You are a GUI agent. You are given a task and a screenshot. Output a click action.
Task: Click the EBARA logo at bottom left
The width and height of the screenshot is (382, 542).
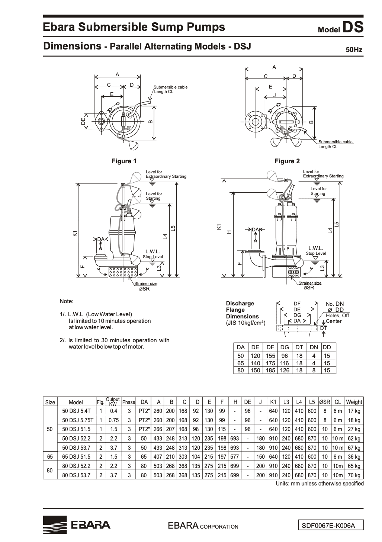(x=77, y=525)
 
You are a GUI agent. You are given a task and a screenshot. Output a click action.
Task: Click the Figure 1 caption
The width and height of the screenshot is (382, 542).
(x=124, y=161)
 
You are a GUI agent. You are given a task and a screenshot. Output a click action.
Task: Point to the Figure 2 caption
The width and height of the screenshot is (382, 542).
(x=287, y=161)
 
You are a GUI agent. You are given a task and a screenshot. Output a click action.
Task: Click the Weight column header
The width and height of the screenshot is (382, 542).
(x=353, y=402)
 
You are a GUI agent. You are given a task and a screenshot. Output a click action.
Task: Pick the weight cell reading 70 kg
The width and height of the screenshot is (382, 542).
(x=353, y=475)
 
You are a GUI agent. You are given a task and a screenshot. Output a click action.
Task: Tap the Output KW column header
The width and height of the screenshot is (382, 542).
(x=113, y=402)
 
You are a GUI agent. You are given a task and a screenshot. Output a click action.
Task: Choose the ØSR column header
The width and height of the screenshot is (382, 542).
(x=324, y=402)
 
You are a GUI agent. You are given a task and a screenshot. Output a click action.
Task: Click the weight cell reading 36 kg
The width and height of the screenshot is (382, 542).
(x=353, y=457)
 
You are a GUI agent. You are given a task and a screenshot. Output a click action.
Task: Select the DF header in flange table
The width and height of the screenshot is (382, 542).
(x=270, y=347)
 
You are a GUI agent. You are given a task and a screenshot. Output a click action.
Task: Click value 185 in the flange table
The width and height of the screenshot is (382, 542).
(x=270, y=371)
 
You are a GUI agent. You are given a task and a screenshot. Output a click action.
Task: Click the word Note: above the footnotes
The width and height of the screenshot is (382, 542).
(x=67, y=301)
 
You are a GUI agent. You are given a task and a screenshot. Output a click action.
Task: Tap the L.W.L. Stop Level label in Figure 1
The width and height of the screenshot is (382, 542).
(x=153, y=254)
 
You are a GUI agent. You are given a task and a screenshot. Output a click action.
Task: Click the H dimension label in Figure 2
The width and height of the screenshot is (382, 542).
(x=229, y=232)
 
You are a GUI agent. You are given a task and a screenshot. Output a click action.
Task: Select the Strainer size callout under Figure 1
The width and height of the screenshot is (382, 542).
(x=145, y=286)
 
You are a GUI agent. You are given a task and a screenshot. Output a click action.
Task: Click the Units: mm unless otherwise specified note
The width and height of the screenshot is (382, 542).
(x=320, y=484)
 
